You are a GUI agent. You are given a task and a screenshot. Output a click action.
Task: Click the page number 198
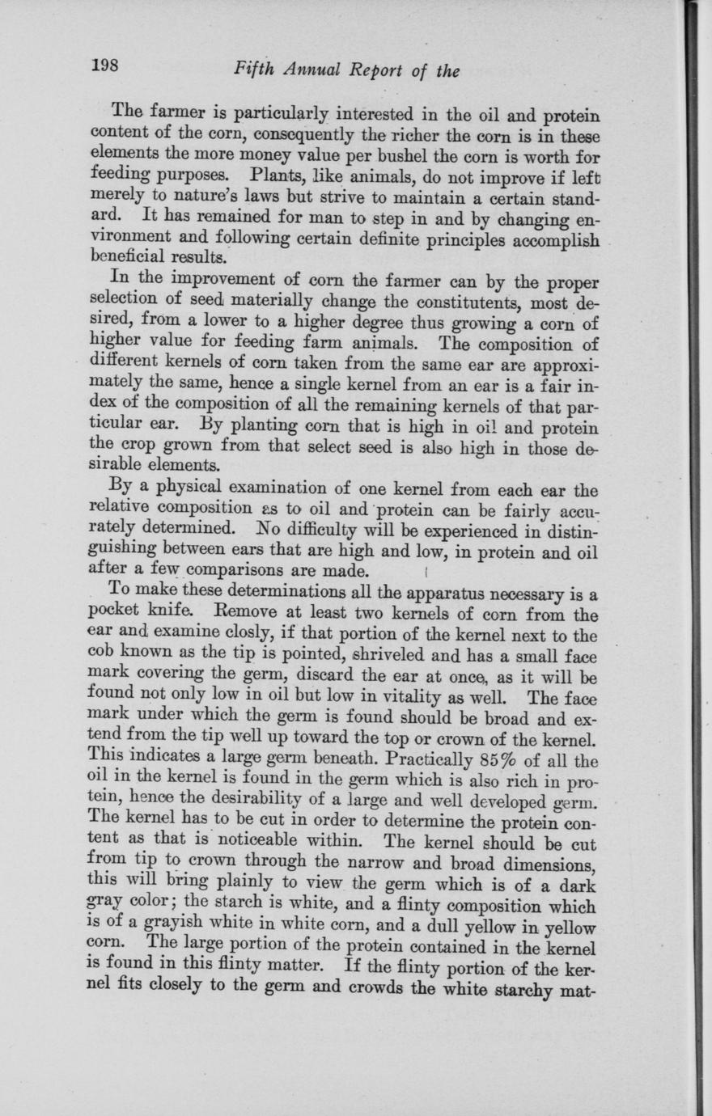tap(106, 66)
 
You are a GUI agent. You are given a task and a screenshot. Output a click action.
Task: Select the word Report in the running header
tap(375, 70)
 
